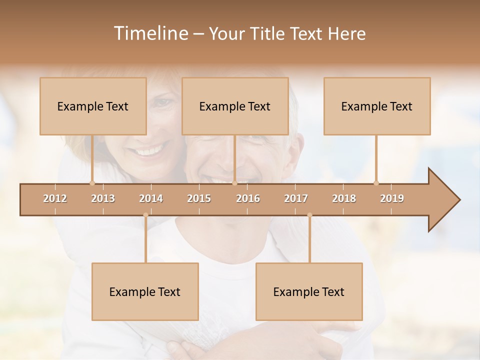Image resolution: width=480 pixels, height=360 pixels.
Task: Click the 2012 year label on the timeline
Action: [x=55, y=198]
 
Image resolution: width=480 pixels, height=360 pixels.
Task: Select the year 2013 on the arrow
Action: [x=103, y=198]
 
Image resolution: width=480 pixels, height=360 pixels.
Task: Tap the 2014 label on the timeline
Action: [x=151, y=198]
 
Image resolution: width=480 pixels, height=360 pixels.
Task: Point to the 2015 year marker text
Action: [x=199, y=198]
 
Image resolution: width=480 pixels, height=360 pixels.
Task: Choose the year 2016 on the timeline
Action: [x=248, y=198]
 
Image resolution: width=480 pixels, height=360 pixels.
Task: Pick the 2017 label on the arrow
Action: [x=296, y=198]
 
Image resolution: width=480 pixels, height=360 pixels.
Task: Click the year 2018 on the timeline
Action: [x=344, y=198]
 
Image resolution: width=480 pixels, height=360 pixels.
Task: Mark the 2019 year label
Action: [x=392, y=198]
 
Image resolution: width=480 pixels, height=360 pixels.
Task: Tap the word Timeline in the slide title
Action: [x=150, y=33]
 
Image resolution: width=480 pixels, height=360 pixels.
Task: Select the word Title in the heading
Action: [x=270, y=33]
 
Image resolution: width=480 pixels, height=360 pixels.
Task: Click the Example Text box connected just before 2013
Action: [x=93, y=106]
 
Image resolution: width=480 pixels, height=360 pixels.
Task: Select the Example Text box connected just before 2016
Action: [x=235, y=106]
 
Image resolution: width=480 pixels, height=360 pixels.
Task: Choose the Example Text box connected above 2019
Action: [x=377, y=106]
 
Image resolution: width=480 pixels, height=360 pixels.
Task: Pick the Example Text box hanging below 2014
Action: [x=145, y=291]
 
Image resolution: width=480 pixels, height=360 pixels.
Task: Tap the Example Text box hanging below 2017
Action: [x=309, y=291]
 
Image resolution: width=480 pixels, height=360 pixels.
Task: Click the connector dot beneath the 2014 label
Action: [x=145, y=215]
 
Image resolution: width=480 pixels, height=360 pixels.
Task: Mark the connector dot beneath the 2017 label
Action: [x=309, y=215]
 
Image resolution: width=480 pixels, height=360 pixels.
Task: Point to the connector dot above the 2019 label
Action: [x=376, y=183]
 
